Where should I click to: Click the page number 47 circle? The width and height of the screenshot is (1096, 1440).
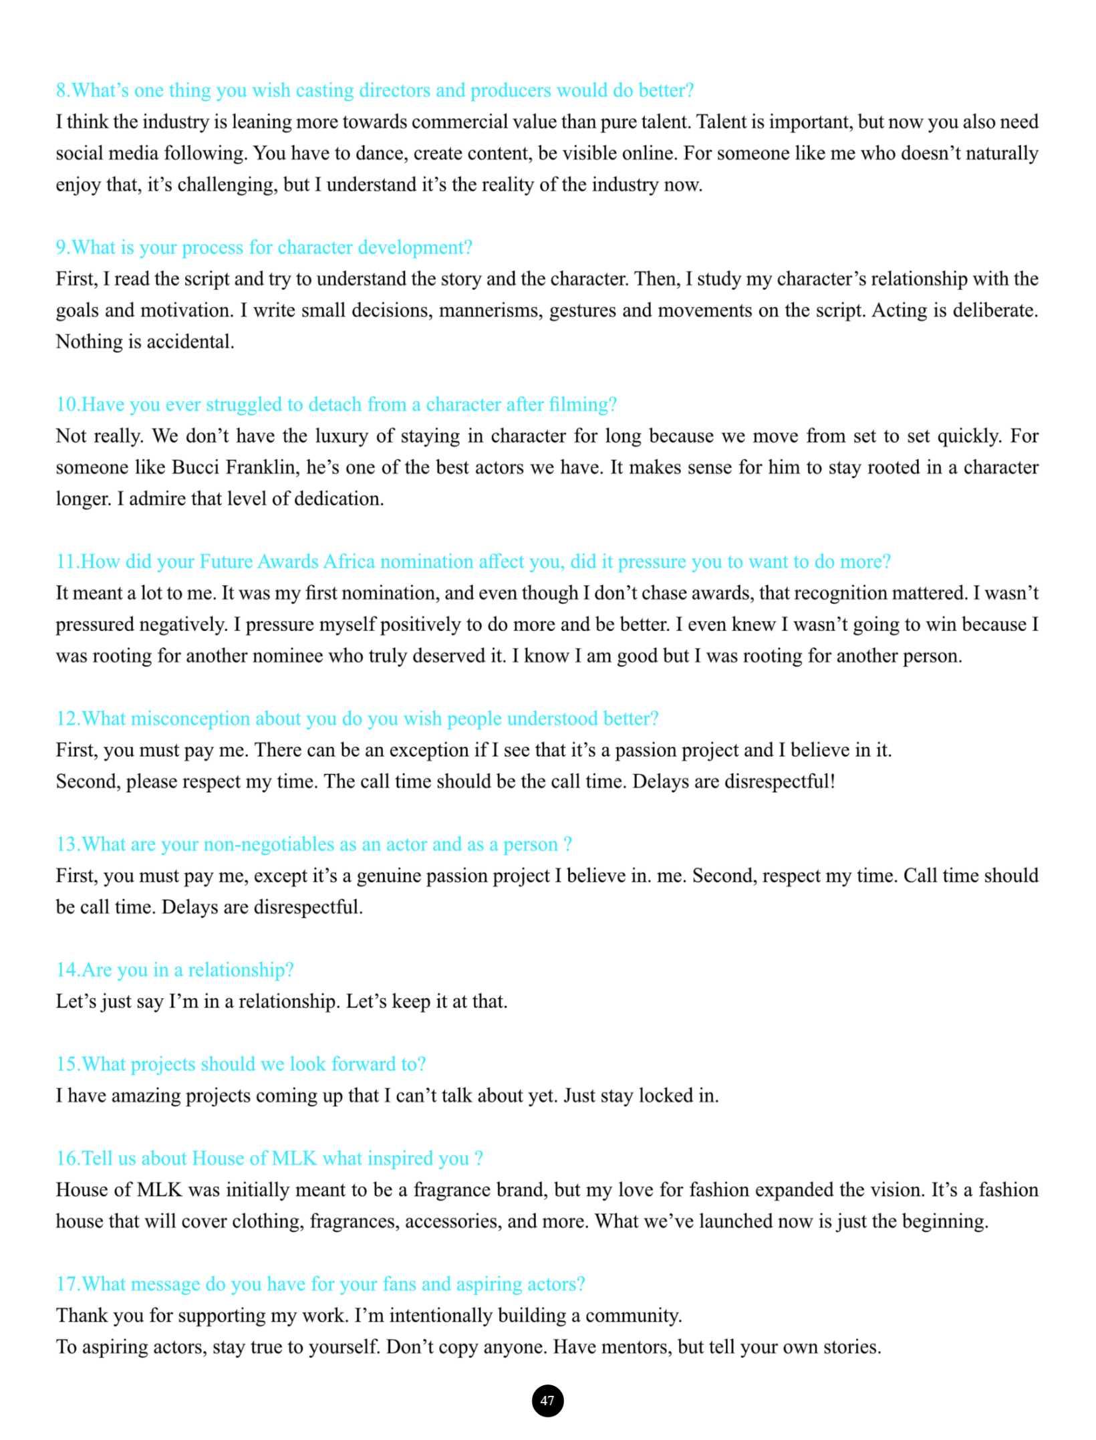point(547,1400)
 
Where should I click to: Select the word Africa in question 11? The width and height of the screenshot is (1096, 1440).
point(349,561)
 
